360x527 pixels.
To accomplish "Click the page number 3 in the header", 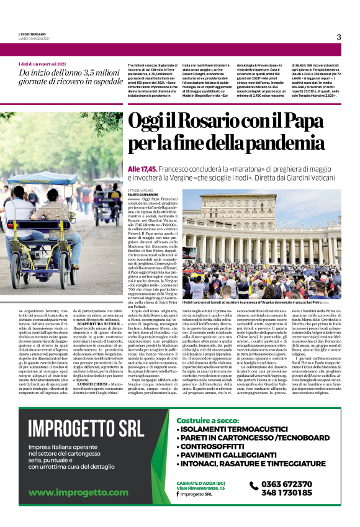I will (339, 37).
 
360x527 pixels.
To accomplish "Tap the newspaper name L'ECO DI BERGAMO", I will (32, 34).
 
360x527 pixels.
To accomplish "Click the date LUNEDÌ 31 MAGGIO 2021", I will (33, 39).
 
